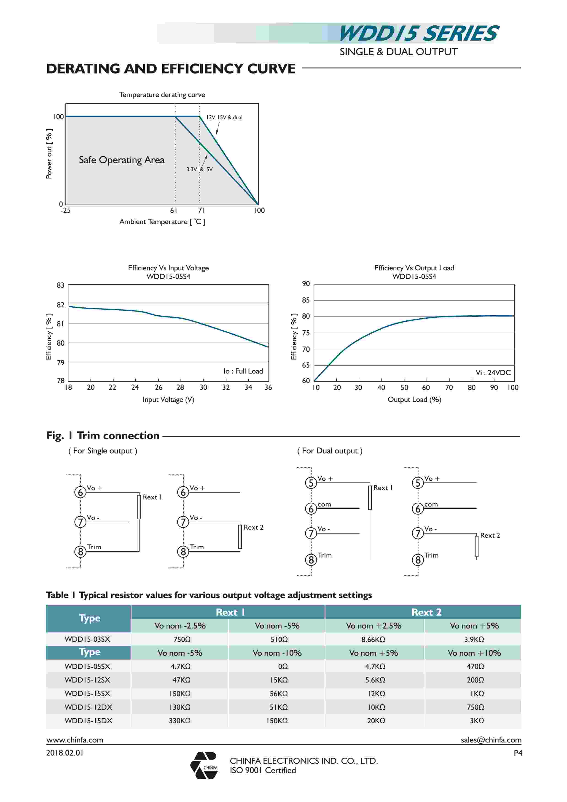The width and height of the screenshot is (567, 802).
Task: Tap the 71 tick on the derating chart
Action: pyautogui.click(x=202, y=210)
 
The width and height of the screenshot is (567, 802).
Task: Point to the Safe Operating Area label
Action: pyautogui.click(x=121, y=160)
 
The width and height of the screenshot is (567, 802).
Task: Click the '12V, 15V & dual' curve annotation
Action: pyautogui.click(x=224, y=117)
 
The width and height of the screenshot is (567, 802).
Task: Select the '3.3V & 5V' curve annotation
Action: pyautogui.click(x=199, y=169)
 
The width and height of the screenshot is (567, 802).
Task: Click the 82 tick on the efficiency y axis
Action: pyautogui.click(x=61, y=305)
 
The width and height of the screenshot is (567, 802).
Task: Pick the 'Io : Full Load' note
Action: pyautogui.click(x=243, y=371)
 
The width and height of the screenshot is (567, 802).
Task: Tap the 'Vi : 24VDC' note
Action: pyautogui.click(x=493, y=372)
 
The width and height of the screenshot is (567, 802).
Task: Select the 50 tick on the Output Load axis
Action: pyautogui.click(x=404, y=387)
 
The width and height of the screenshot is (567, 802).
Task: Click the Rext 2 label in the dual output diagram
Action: pyautogui.click(x=490, y=535)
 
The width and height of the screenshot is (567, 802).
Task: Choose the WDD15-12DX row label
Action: pyautogui.click(x=88, y=707)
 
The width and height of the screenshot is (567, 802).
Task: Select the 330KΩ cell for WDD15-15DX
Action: pyautogui.click(x=180, y=721)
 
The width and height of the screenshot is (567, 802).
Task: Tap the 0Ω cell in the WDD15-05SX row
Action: pyautogui.click(x=283, y=667)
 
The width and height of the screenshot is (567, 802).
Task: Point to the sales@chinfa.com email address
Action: pyautogui.click(x=491, y=740)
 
